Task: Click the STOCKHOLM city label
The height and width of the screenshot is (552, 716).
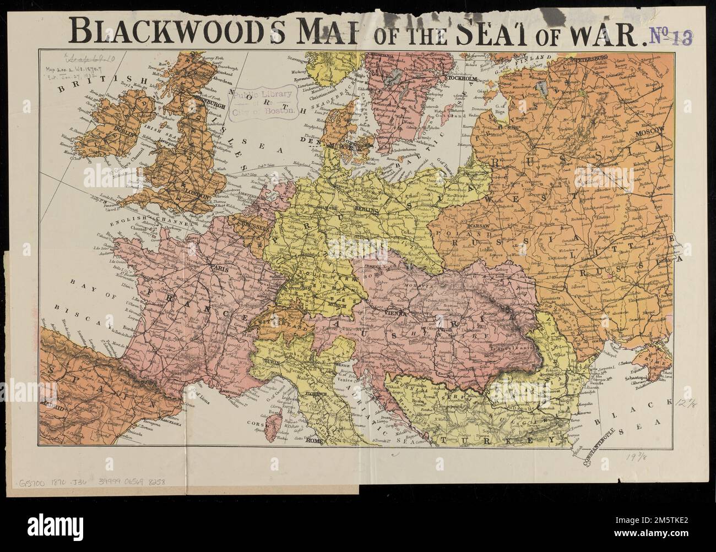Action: (x=462, y=78)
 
